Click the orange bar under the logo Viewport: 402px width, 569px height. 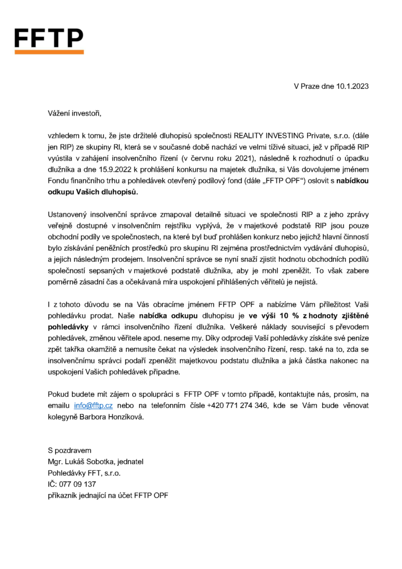point(48,52)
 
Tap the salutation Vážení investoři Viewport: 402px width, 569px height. point(75,114)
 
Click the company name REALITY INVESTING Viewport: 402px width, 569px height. point(268,135)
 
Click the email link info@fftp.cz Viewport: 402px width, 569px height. point(93,407)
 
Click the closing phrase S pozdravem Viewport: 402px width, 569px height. point(69,450)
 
